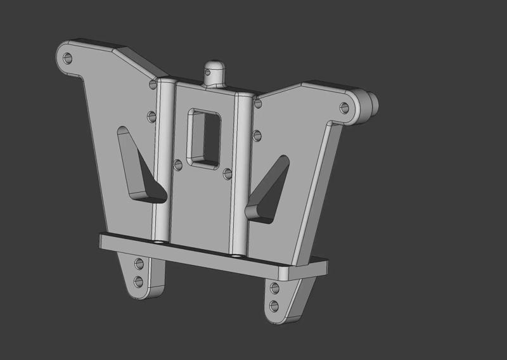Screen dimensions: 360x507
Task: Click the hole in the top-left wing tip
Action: click(x=68, y=58)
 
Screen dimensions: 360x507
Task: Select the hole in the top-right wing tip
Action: click(x=344, y=107)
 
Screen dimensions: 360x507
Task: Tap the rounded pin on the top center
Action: click(x=214, y=68)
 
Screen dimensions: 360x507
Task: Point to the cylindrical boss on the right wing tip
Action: click(x=369, y=101)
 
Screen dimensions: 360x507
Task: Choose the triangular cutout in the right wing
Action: click(x=268, y=188)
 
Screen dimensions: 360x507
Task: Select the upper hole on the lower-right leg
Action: click(x=274, y=288)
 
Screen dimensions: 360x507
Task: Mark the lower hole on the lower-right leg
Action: click(x=274, y=306)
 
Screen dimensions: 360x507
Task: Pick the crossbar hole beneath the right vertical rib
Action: click(x=236, y=255)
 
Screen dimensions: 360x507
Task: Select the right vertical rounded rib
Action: click(x=242, y=171)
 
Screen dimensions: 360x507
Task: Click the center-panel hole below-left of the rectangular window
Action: click(x=178, y=165)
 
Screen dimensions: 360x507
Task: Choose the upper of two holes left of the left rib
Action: click(x=153, y=84)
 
